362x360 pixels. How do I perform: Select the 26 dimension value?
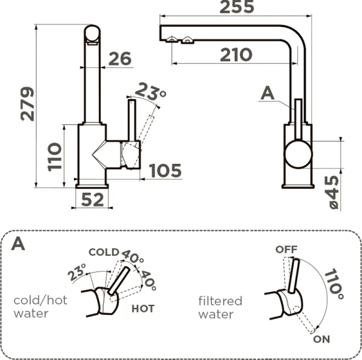(x=119, y=59)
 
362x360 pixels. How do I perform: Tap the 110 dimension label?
(x=55, y=157)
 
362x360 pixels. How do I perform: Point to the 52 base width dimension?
(x=92, y=200)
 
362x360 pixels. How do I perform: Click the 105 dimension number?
(x=164, y=171)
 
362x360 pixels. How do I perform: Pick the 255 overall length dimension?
(x=236, y=8)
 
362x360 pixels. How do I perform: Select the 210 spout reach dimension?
(x=236, y=55)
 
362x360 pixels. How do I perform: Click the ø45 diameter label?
(x=334, y=191)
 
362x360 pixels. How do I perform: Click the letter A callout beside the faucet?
(x=268, y=93)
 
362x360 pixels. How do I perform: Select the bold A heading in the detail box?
(x=19, y=244)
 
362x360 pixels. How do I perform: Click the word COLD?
(x=104, y=252)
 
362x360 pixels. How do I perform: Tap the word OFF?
(x=286, y=249)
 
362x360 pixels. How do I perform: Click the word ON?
(x=322, y=340)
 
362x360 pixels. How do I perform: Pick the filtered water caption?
(x=220, y=307)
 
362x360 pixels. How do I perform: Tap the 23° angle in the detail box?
(x=77, y=274)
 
